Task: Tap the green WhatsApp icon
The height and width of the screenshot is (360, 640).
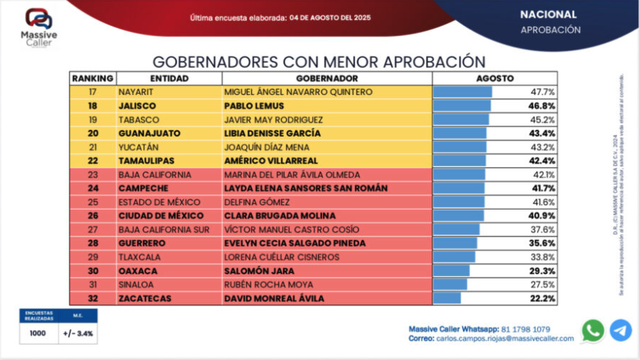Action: pos(593,331)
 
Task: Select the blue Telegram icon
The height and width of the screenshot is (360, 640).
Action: pos(620,331)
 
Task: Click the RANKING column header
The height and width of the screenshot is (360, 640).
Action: pos(93,78)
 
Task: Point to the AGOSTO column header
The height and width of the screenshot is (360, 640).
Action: pos(495,78)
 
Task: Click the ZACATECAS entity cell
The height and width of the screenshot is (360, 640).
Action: pos(146,299)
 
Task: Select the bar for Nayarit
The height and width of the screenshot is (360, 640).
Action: pos(462,92)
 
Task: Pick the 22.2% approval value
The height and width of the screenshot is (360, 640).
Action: pos(543,299)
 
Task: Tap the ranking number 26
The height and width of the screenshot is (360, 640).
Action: pos(93,216)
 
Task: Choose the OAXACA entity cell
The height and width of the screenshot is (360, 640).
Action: pos(138,271)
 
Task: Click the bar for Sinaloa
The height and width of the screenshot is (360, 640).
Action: pos(450,285)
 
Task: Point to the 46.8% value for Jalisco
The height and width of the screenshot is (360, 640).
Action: pos(543,106)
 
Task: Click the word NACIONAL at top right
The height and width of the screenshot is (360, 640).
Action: pos(548,15)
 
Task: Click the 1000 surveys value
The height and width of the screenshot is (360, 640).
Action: pos(38,334)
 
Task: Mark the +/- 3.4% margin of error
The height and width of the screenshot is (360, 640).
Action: pos(77,334)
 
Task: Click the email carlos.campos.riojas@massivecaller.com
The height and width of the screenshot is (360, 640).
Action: pos(503,339)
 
